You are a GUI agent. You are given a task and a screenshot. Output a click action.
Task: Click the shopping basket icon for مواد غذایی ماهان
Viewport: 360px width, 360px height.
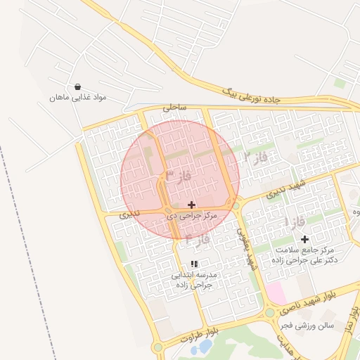pyautogui.click(x=77, y=86)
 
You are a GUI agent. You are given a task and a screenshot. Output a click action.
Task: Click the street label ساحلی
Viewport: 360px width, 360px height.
pyautogui.click(x=174, y=108)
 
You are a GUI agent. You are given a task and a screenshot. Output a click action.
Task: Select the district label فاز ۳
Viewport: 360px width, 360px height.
pyautogui.click(x=179, y=174)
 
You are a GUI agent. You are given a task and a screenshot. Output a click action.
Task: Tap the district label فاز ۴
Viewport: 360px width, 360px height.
pyautogui.click(x=198, y=239)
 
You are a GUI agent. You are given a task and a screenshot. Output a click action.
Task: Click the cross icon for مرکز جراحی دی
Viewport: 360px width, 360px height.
pyautogui.click(x=192, y=205)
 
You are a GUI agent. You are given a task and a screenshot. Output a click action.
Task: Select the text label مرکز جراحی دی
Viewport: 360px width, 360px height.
pyautogui.click(x=190, y=216)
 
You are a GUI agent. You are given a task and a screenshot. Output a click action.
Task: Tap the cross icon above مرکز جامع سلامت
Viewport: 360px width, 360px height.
pyautogui.click(x=304, y=239)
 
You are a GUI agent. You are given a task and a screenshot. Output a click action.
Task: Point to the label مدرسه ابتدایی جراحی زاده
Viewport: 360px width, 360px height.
pyautogui.click(x=193, y=281)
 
